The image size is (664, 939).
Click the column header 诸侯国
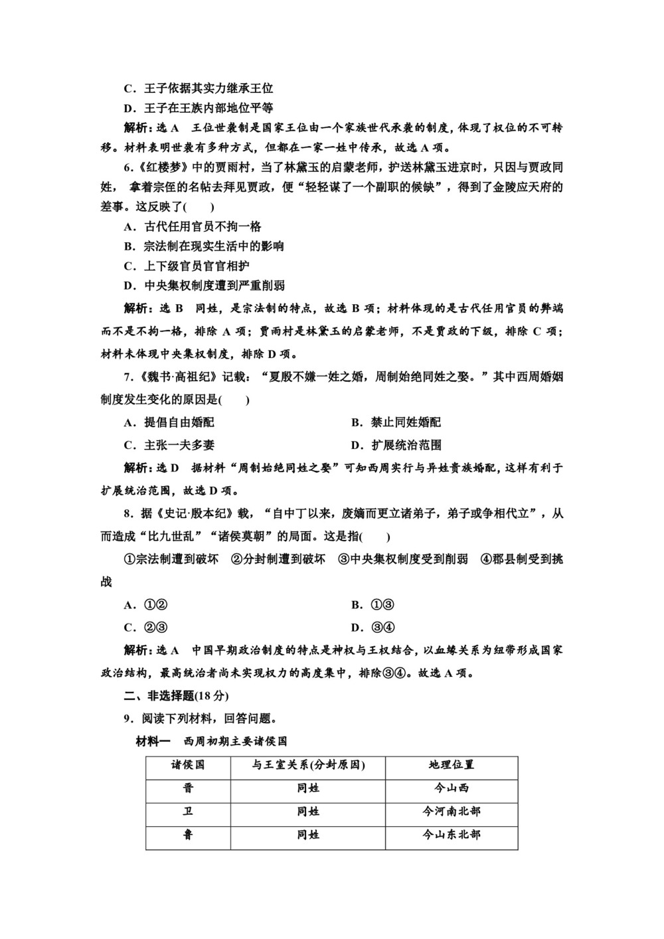[x=188, y=765]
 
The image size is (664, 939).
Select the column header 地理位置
[x=452, y=765]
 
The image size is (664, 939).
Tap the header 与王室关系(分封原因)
[x=308, y=765]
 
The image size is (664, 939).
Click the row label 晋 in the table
[x=188, y=788]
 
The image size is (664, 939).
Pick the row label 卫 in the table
[x=188, y=811]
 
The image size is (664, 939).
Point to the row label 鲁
[x=188, y=835]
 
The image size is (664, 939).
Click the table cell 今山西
[x=452, y=788]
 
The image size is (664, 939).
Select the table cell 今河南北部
[x=452, y=811]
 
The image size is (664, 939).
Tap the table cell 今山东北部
[x=452, y=835]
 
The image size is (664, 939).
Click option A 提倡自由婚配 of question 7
[x=169, y=422]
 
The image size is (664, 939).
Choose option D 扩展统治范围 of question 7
[x=396, y=446]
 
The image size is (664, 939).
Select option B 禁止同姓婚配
[x=396, y=422]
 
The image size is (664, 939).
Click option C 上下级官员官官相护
[x=187, y=266]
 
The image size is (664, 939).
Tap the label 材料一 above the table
[x=154, y=741]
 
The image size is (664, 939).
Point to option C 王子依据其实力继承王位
[x=199, y=88]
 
